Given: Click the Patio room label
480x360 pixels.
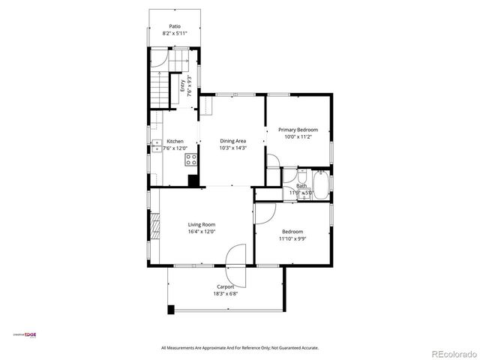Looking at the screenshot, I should pyautogui.click(x=175, y=26).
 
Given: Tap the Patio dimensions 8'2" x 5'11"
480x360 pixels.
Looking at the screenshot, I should pyautogui.click(x=175, y=34).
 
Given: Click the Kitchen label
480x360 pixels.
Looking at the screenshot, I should pyautogui.click(x=175, y=141).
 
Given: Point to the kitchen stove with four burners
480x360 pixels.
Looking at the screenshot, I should pyautogui.click(x=191, y=159).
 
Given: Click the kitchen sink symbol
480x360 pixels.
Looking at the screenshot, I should pyautogui.click(x=157, y=145).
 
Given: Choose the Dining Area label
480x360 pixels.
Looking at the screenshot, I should pyautogui.click(x=232, y=141).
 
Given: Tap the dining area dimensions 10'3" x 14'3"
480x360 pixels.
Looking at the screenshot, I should pyautogui.click(x=232, y=148).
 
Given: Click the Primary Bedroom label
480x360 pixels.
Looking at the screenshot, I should pyautogui.click(x=298, y=130).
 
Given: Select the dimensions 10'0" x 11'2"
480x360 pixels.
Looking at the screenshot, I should pyautogui.click(x=298, y=137).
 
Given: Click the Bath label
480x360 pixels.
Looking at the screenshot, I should pyautogui.click(x=301, y=186).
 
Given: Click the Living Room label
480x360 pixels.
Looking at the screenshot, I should pyautogui.click(x=202, y=224).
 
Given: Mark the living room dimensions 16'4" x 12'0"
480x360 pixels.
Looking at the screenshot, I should pyautogui.click(x=202, y=232).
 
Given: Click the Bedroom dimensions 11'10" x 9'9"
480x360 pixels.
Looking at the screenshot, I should pyautogui.click(x=292, y=239).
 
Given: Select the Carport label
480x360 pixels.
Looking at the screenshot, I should pyautogui.click(x=226, y=286).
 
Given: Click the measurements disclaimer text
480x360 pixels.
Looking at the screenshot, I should pyautogui.click(x=240, y=348).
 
